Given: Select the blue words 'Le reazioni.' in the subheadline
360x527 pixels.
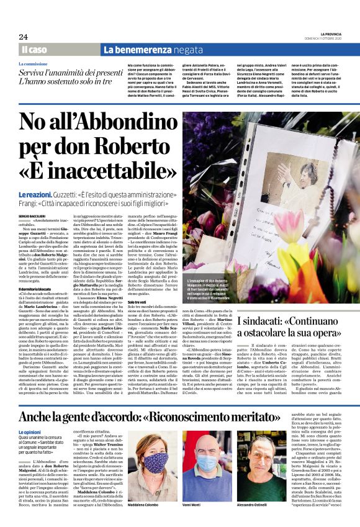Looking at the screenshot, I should pyautogui.click(x=38, y=196).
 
